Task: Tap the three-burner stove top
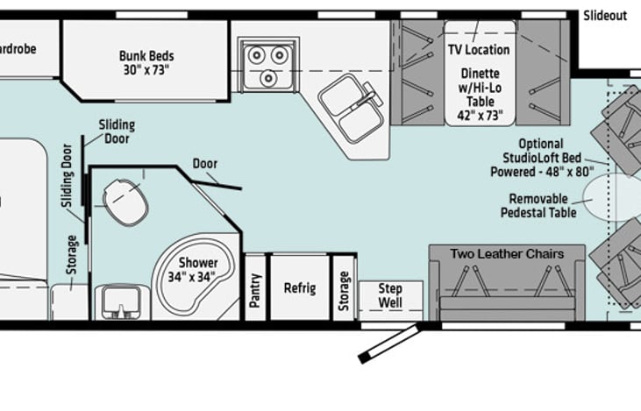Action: click(267, 64)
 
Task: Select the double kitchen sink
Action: click(350, 108)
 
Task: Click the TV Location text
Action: click(479, 50)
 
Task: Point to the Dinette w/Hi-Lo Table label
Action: click(479, 89)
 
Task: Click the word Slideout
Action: click(605, 16)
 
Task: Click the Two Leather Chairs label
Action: click(507, 254)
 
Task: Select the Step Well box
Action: click(390, 295)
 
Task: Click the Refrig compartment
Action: click(299, 287)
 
